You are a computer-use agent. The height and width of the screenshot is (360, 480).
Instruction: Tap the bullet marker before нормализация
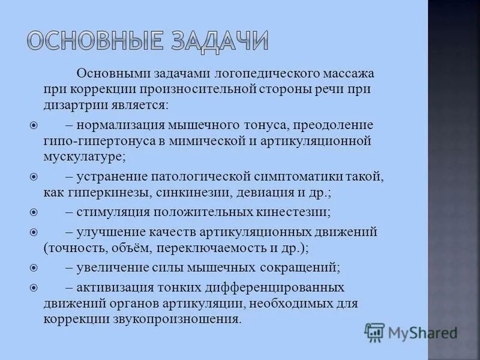point(34,126)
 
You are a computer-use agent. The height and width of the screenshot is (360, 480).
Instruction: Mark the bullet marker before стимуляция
point(34,212)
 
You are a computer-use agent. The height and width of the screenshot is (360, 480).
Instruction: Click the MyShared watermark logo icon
point(374,331)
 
